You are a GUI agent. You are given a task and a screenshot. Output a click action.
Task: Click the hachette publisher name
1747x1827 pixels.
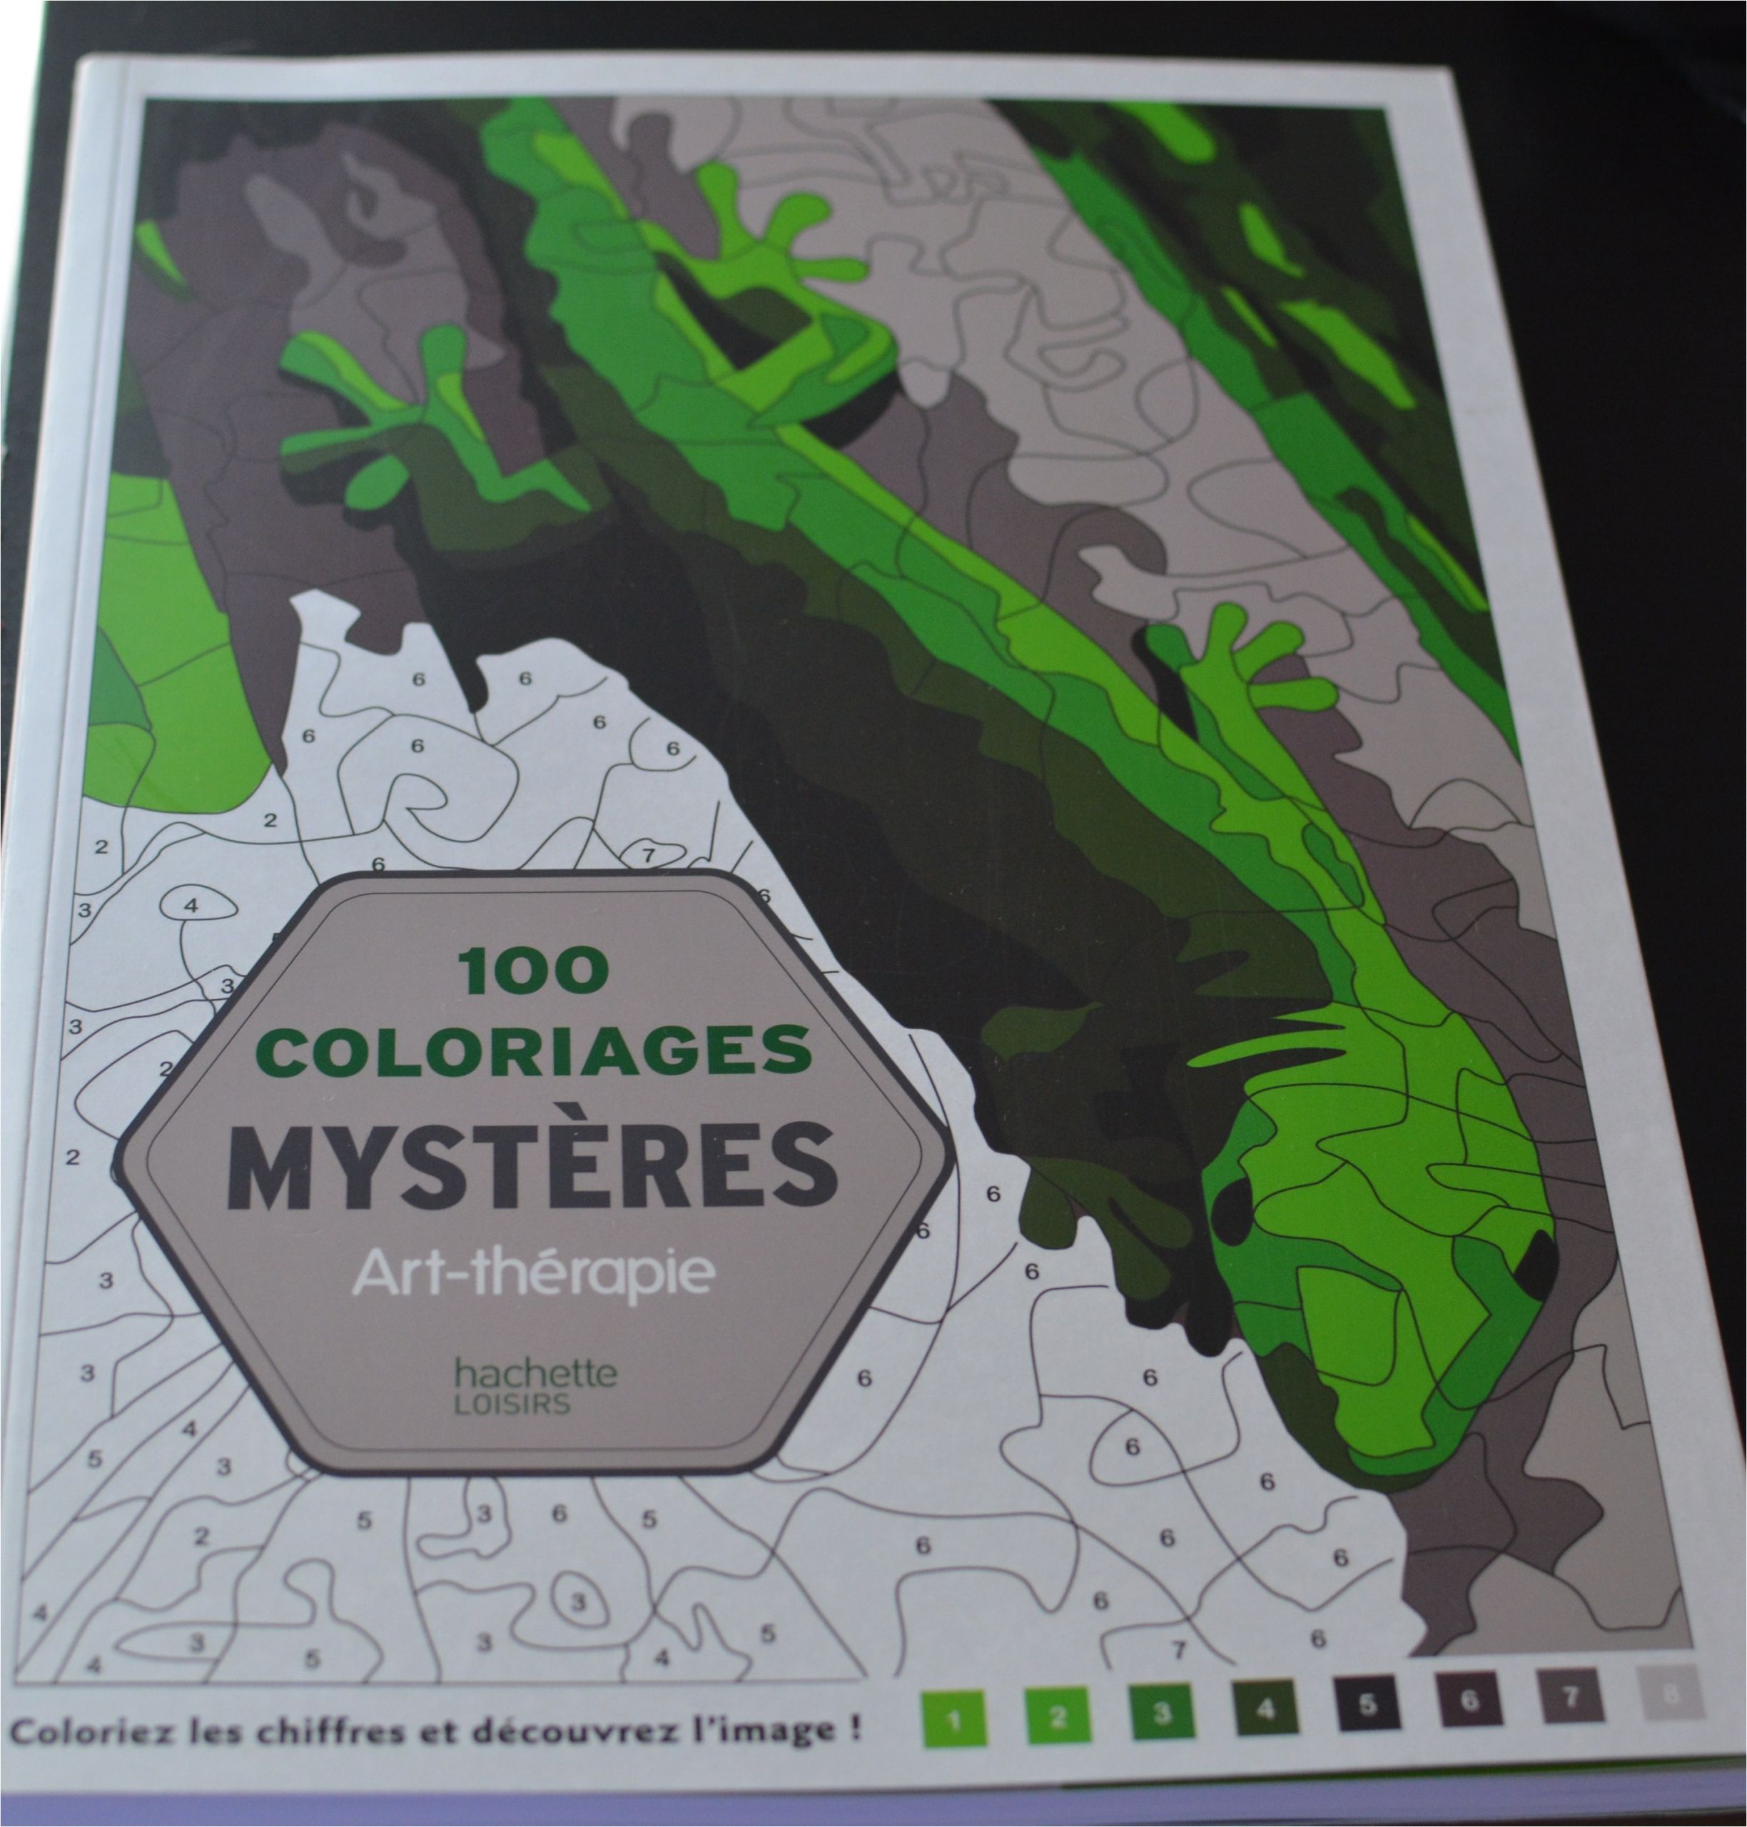click(x=535, y=1372)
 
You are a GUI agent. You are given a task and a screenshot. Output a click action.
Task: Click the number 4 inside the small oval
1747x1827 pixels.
click(x=191, y=904)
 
